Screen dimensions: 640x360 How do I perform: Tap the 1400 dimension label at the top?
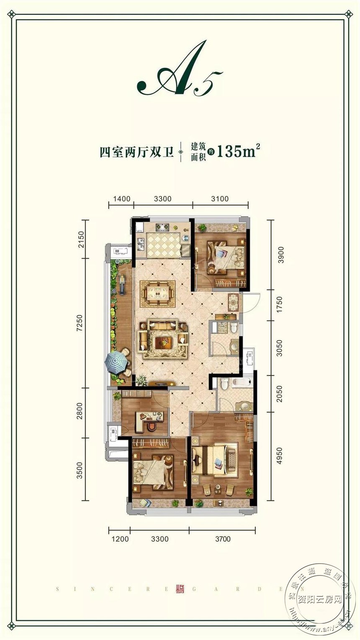click(x=121, y=199)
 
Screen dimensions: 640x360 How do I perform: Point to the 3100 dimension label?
click(x=220, y=199)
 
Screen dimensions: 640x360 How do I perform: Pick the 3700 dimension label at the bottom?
click(x=222, y=539)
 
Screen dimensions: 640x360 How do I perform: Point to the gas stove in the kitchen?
click(x=162, y=227)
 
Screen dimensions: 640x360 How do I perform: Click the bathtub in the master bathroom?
click(x=241, y=382)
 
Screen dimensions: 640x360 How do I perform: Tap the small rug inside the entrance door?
click(x=233, y=302)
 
